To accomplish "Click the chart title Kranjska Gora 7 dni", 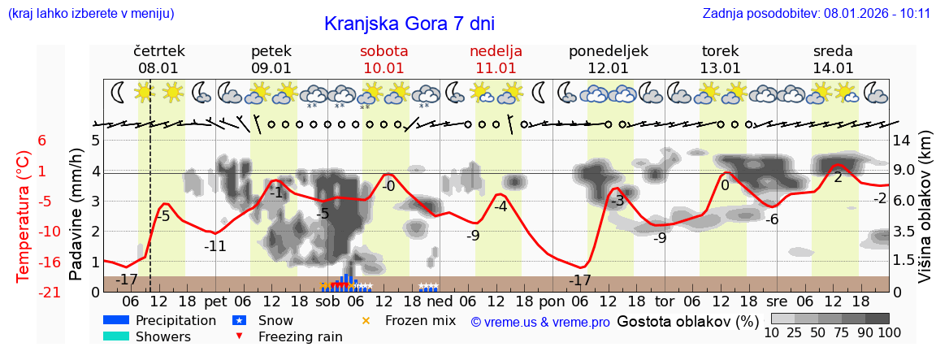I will (x=409, y=23).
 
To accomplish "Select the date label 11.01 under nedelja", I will (x=496, y=68).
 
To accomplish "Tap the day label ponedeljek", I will (x=609, y=51).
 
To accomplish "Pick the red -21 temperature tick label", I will (x=26, y=292).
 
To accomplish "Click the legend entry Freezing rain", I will (x=292, y=336).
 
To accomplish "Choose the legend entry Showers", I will (x=162, y=336).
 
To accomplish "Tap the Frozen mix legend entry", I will (x=420, y=321).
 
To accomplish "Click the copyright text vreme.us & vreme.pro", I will (x=540, y=323).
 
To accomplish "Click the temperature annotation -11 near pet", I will (x=214, y=245).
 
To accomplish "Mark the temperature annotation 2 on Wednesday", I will (x=838, y=176).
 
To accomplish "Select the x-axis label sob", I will (x=328, y=301).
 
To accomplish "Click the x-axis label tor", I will (x=665, y=301).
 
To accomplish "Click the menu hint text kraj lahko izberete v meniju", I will (x=90, y=14).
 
